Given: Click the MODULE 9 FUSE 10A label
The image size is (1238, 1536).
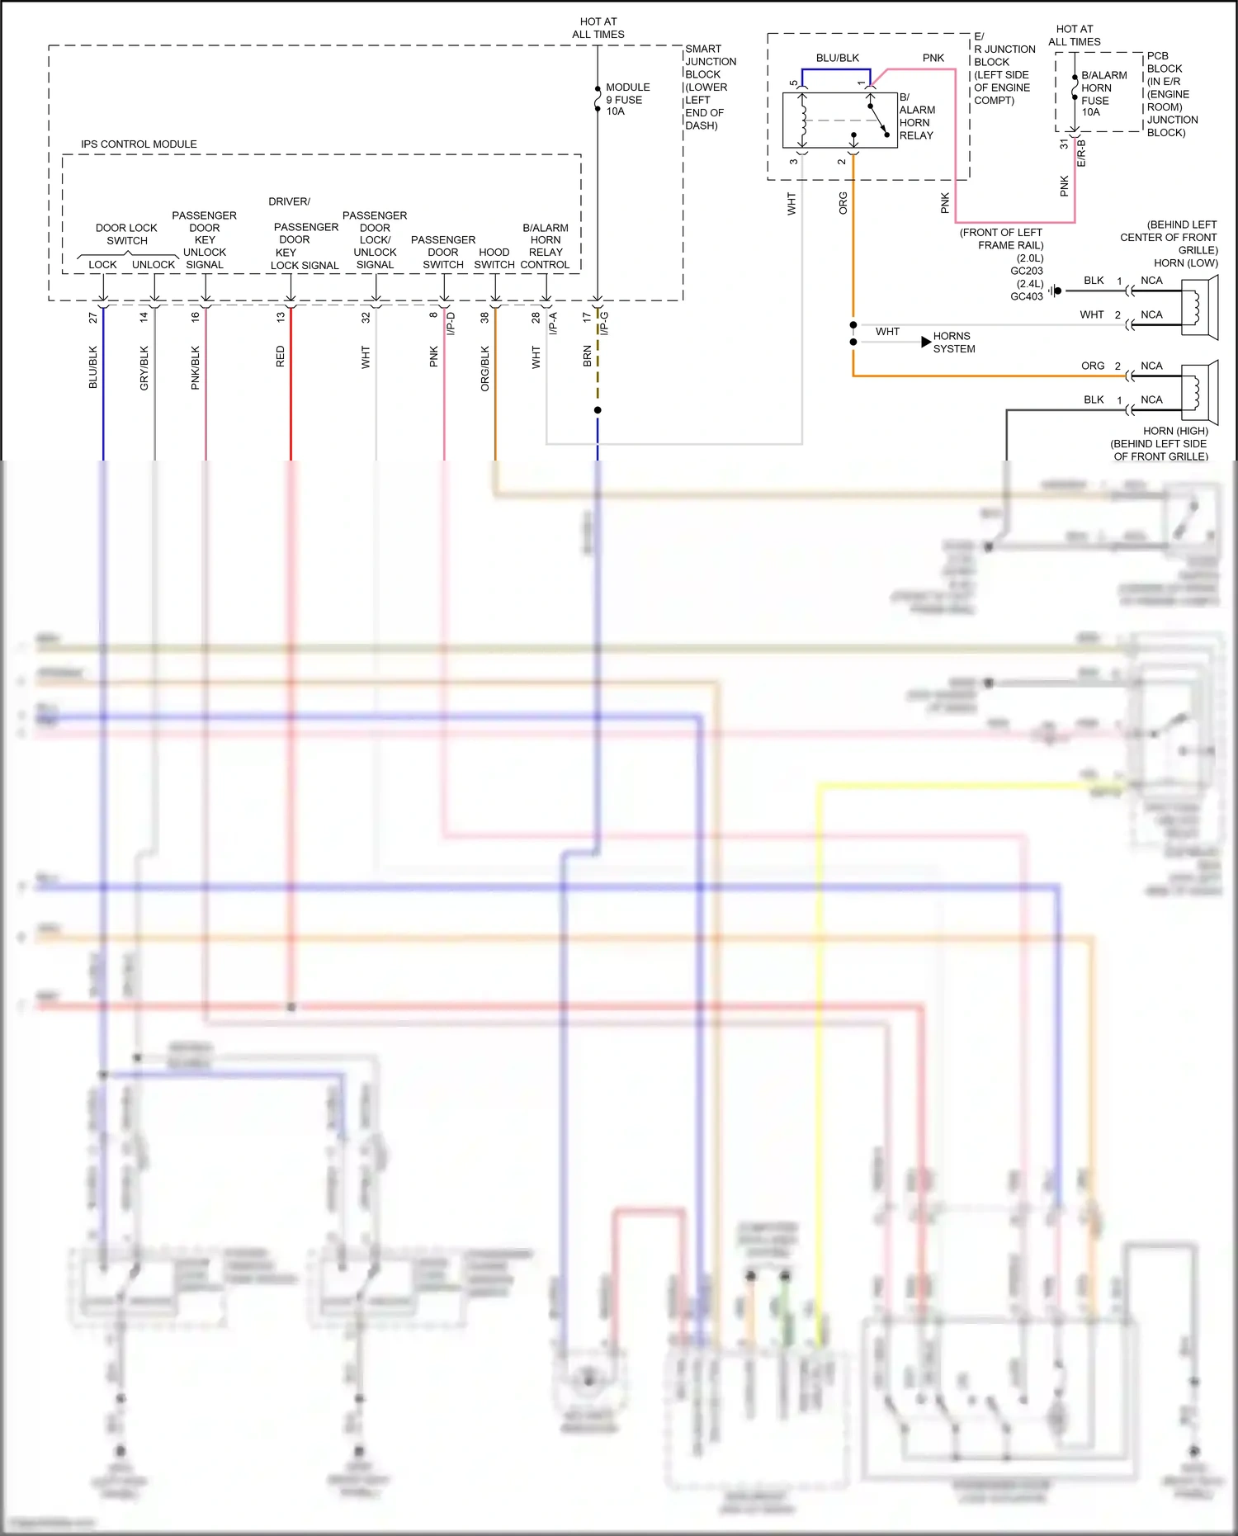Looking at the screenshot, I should coord(626,99).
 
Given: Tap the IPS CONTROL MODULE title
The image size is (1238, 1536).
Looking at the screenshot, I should coord(139,144).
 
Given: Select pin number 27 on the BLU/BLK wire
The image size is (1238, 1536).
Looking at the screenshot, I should coord(93,317).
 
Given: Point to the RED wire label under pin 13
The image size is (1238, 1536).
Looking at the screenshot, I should coord(281,357).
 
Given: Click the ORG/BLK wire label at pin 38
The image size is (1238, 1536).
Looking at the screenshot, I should coord(485,368).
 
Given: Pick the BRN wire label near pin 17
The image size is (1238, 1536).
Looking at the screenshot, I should coord(588,357).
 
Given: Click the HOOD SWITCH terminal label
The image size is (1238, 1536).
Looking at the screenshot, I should coord(494,258).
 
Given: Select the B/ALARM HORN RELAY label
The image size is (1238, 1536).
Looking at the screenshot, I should coord(916,116).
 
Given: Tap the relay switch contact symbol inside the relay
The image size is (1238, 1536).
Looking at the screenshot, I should coord(877,119).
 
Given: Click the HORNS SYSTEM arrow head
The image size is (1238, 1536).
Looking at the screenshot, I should coord(926,342).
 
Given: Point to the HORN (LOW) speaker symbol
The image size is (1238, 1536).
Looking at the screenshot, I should coord(1200,307).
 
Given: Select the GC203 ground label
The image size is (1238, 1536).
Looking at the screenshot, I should coord(1027,271).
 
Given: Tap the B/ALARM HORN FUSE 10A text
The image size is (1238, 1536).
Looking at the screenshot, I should coord(1103,93).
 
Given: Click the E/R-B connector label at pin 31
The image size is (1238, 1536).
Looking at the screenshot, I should coord(1082,154).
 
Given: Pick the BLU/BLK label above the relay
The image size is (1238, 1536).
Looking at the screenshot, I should coord(837,58).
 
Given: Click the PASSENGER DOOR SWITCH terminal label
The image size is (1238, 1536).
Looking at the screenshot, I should coord(443,252).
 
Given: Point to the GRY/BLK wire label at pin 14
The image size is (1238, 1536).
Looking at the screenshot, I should coord(144,368).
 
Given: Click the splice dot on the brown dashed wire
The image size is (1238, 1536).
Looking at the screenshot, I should coord(598,410).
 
